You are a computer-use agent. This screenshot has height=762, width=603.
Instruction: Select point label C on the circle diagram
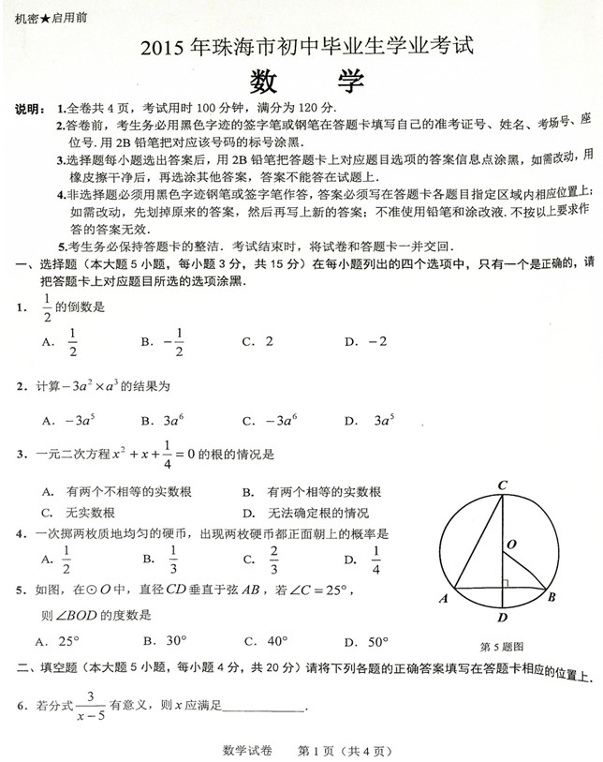[502, 485]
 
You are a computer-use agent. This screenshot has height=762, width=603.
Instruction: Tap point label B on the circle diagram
[552, 597]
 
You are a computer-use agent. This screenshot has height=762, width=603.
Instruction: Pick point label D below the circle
[502, 618]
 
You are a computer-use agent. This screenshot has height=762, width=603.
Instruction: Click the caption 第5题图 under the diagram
[501, 646]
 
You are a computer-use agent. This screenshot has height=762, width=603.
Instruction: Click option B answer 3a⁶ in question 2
[174, 421]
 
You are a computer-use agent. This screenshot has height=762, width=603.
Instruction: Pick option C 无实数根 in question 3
[91, 512]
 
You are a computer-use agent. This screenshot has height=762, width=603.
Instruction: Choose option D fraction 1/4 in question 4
[375, 560]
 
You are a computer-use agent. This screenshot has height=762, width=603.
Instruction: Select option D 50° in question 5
[375, 642]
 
